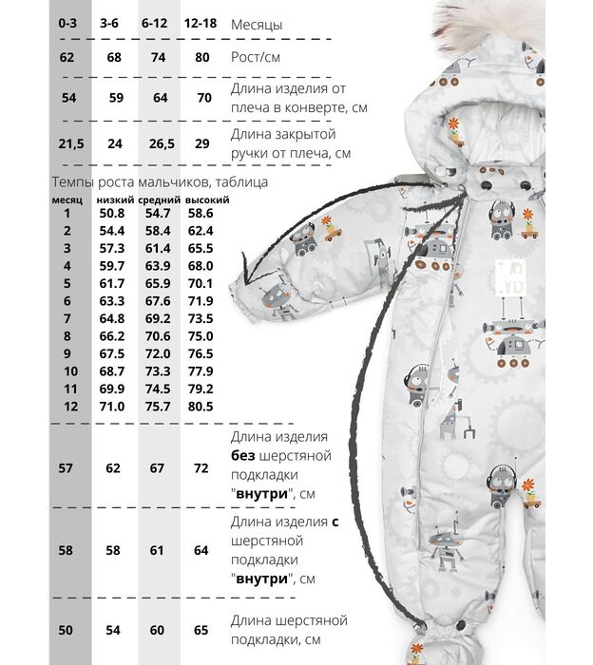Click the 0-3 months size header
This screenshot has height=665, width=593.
pos(67,23)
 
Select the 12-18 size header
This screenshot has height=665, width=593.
pos(201,23)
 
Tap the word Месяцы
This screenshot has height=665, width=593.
pos(257,25)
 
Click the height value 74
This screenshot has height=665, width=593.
pos(158,57)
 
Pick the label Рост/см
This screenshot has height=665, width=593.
pos(256,57)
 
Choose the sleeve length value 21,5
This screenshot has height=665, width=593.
pos(71,143)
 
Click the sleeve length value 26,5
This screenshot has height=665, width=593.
pos(162,143)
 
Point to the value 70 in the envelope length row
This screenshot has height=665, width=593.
pos(204,98)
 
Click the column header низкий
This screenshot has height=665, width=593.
pos(115,199)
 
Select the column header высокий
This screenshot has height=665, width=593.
pos(207,199)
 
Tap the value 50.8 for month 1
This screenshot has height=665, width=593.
pos(112,213)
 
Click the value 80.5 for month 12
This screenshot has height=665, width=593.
pos(201,407)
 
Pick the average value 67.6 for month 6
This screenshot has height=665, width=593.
pos(158,301)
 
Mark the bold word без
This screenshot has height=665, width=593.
pos(243,455)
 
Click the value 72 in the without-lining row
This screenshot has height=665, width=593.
pos(201,468)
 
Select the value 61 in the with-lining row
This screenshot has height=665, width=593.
pos(157,550)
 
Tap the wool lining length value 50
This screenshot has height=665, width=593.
pos(66,630)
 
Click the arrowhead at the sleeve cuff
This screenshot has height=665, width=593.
pos(245,272)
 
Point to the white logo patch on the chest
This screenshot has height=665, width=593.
pos(510,277)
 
